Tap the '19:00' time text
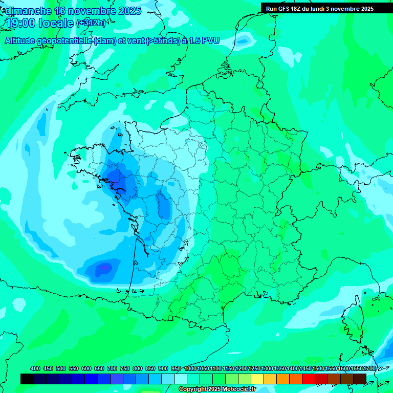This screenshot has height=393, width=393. [20, 23]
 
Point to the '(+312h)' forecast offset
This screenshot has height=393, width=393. [91, 23]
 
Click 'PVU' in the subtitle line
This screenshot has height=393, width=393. [210, 40]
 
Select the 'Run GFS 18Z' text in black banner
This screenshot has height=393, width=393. [284, 9]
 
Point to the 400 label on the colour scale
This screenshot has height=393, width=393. [35, 369]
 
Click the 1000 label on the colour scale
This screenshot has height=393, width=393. [190, 369]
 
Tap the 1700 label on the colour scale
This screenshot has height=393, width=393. [369, 369]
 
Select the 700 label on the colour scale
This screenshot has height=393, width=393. [112, 369]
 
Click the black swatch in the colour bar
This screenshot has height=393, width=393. [27, 379]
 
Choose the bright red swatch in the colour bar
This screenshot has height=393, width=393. [309, 379]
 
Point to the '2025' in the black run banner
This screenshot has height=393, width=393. [365, 9]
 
